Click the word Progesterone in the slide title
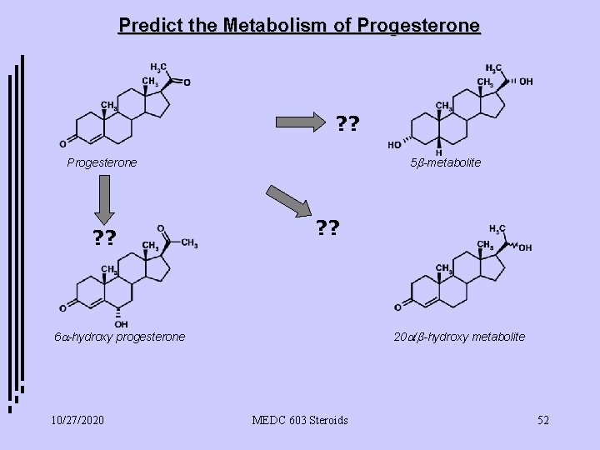pos(417,25)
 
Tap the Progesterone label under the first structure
pos(102,162)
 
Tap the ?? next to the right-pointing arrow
pos(347,125)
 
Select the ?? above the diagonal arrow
pos(327,226)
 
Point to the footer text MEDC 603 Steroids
pos(301,420)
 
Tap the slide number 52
pos(543,420)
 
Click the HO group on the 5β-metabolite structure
pos(393,144)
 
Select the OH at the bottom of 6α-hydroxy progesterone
pos(122,324)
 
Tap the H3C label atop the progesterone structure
pos(157,67)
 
